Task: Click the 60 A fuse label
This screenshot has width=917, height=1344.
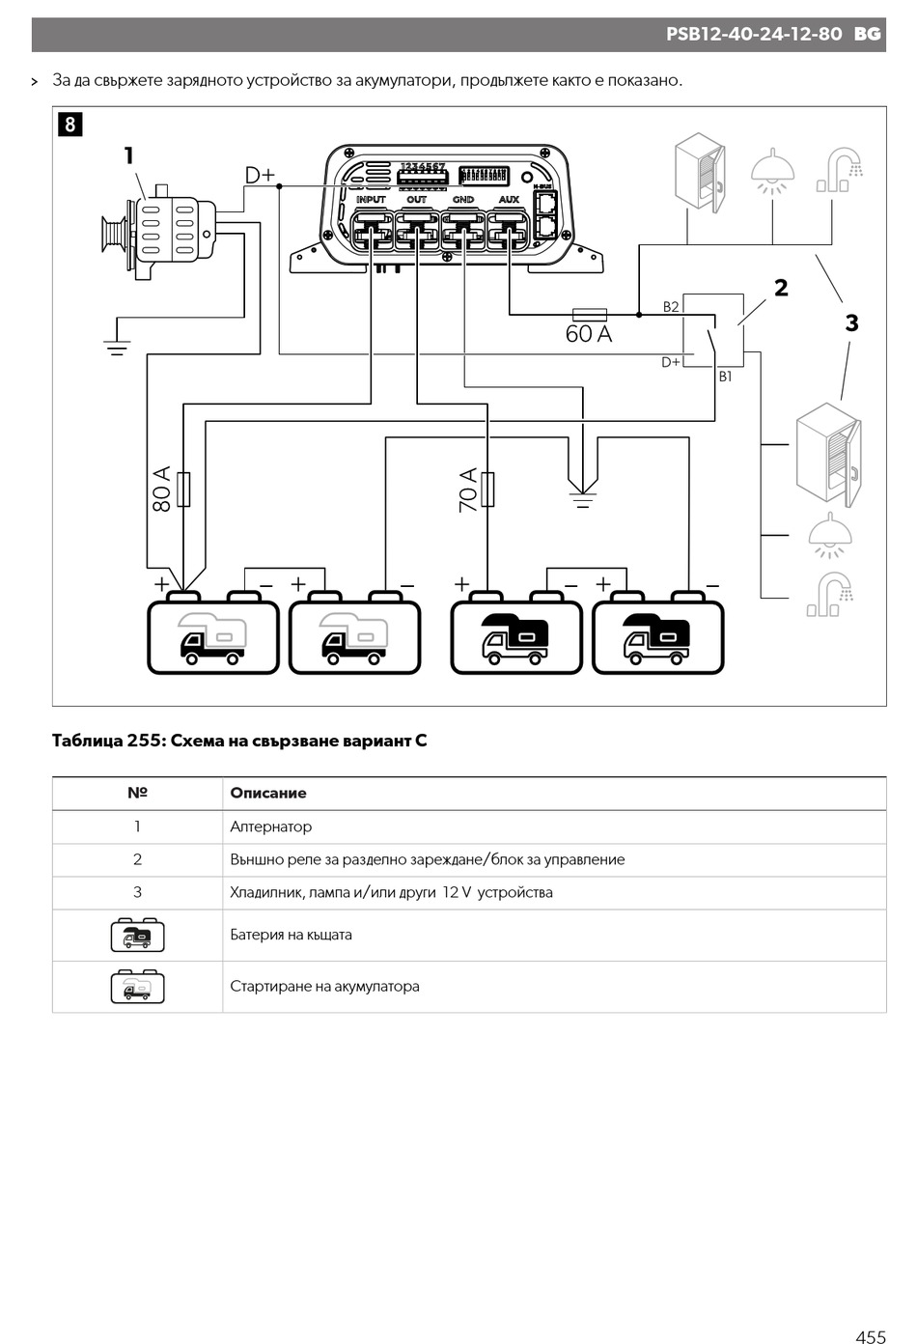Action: (589, 334)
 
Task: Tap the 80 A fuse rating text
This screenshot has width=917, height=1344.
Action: (162, 489)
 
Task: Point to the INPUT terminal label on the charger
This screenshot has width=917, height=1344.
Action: (371, 199)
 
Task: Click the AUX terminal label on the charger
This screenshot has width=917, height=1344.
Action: (509, 199)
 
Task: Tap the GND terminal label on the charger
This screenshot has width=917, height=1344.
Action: (463, 199)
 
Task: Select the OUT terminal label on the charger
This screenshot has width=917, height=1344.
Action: (416, 199)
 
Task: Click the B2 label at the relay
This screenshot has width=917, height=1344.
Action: (671, 307)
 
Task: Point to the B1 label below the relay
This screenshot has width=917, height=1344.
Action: (725, 377)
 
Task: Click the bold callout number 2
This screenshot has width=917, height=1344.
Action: (780, 288)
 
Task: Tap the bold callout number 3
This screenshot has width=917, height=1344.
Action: (851, 323)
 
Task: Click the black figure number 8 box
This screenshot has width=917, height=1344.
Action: (70, 125)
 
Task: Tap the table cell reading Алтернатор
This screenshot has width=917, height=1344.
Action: (270, 826)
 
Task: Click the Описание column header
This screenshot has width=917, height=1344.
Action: (268, 794)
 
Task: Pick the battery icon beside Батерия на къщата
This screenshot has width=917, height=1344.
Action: (137, 935)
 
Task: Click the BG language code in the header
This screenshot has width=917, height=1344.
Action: (867, 34)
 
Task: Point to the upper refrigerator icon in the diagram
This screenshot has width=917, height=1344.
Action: (699, 173)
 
